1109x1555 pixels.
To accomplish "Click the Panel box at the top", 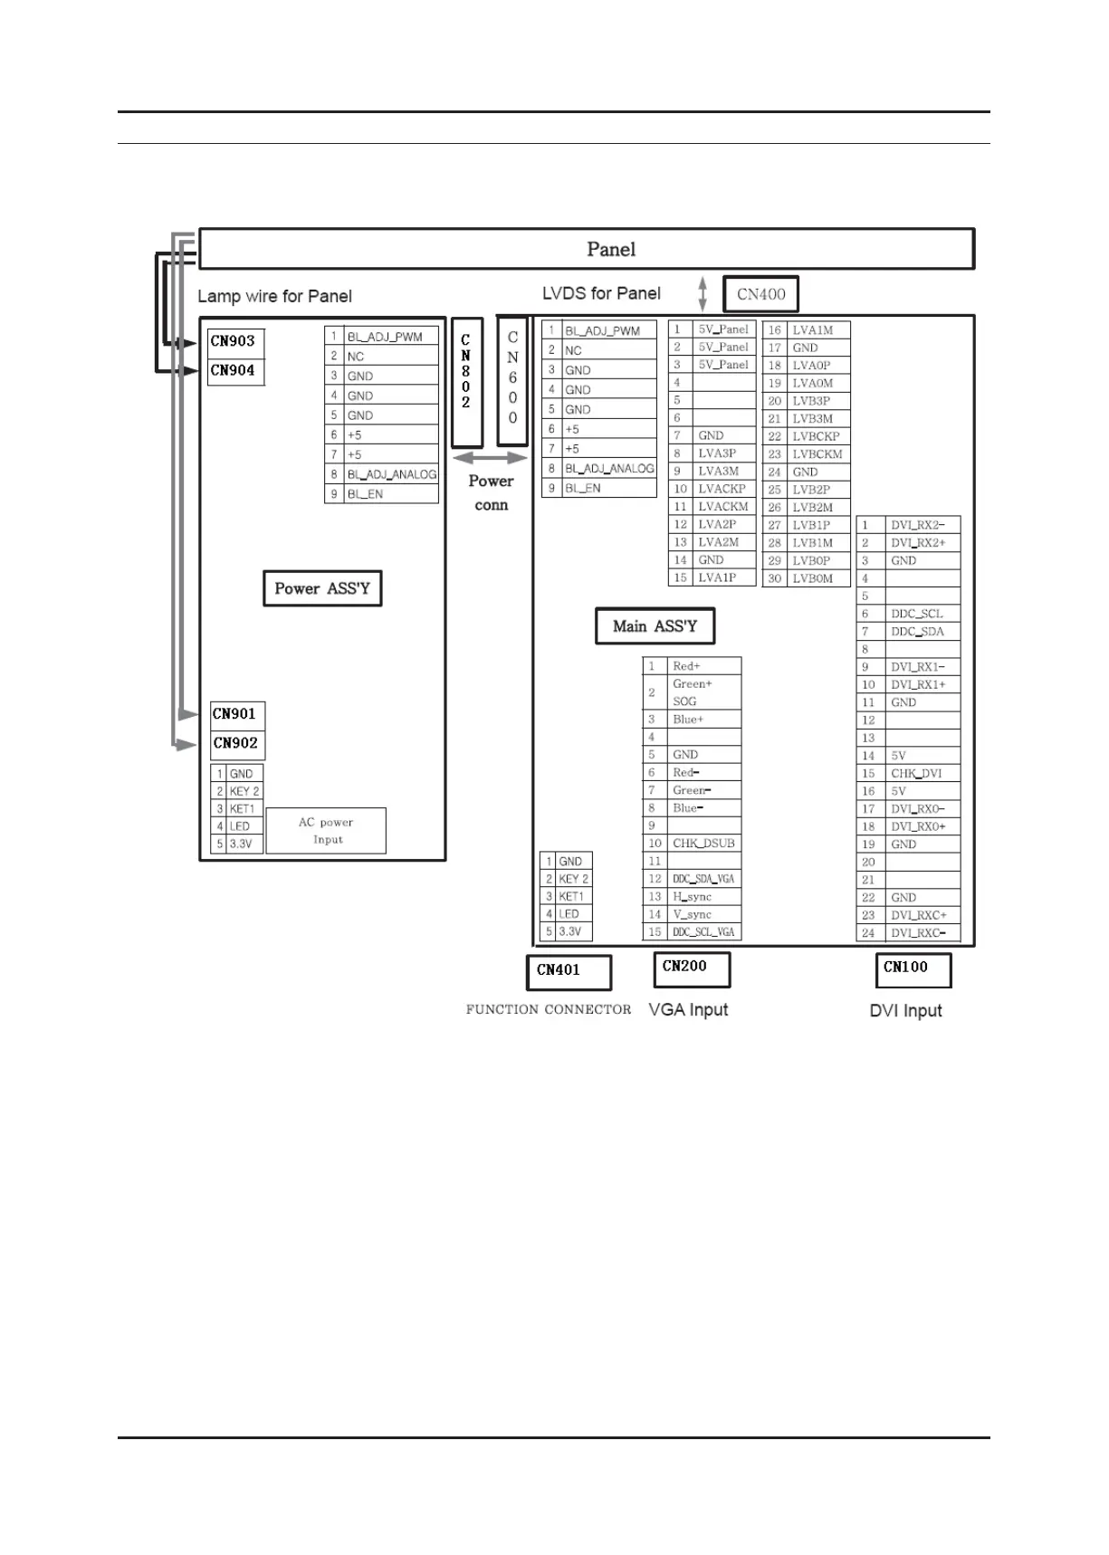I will point(587,249).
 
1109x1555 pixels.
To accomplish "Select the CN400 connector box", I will point(760,294).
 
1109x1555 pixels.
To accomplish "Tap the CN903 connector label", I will point(234,342).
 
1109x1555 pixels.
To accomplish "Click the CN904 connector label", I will point(234,371).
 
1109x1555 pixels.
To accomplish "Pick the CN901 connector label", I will point(236,715).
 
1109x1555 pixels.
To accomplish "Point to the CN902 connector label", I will point(236,744).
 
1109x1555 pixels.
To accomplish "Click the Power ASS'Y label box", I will point(322,588).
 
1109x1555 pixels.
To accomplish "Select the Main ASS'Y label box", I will point(655,626).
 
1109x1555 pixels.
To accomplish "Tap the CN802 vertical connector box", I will point(466,383).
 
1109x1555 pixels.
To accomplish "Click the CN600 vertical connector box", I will point(512,380).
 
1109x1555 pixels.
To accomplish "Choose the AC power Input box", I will point(326,831).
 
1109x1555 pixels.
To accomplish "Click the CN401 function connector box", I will point(569,971).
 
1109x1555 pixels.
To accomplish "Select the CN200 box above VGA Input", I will point(692,968).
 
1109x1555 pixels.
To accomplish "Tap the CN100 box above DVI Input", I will point(913,969).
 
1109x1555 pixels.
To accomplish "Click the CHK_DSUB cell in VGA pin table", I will point(704,844).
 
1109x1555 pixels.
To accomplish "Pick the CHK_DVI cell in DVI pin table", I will point(917,774).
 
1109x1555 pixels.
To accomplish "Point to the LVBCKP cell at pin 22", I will point(817,436).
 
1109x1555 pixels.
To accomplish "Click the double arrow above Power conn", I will point(490,459).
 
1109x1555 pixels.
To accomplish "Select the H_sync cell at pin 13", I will point(693,897).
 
